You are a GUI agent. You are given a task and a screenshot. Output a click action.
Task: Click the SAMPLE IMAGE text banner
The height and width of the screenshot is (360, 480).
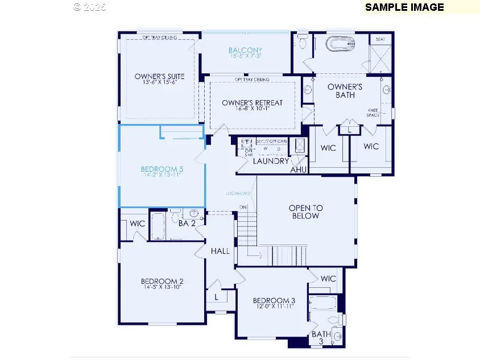[404, 7]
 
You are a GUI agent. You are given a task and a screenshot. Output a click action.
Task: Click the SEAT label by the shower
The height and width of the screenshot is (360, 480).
[379, 40]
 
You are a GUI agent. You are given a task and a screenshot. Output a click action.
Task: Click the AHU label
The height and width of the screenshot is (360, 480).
[299, 169]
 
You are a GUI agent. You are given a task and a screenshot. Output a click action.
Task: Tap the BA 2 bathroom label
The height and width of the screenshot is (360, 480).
[187, 224]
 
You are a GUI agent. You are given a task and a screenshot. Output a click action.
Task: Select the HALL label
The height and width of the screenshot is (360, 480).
[220, 251]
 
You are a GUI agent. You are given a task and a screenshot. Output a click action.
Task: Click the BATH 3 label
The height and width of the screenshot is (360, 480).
[320, 338]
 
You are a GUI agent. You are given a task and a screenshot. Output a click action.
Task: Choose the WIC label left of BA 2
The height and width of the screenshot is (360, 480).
[138, 224]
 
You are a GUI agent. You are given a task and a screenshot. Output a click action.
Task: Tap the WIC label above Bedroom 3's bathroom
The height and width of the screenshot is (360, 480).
[328, 279]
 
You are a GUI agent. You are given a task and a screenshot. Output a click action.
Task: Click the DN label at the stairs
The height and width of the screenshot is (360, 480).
[243, 207]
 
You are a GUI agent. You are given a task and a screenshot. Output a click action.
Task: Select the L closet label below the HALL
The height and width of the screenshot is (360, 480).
[217, 297]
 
